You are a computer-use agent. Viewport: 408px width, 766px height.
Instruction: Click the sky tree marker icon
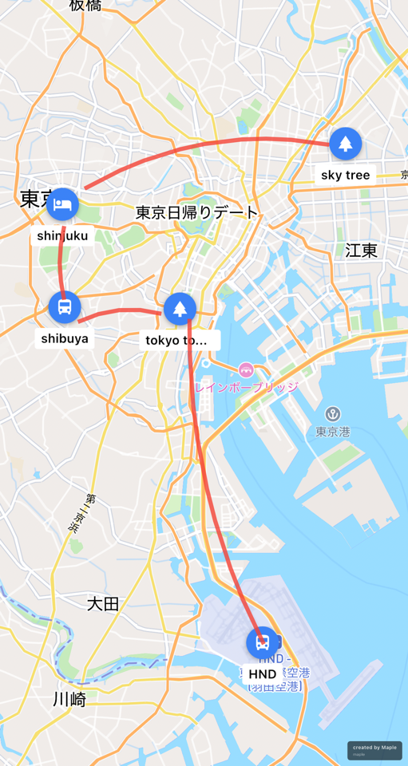345,144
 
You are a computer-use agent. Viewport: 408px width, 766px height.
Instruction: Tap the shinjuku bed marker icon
62,205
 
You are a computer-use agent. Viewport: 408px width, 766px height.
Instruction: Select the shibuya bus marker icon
65,307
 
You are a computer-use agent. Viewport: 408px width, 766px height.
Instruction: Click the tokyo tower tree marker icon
180,309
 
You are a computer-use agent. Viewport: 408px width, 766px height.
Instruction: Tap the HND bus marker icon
262,643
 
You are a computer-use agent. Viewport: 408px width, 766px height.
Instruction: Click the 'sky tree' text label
345,175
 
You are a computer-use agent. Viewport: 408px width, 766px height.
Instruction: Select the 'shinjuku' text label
62,235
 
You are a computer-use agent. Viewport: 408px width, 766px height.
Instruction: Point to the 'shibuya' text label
65,338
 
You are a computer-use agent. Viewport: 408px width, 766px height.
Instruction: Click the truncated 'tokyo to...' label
176,341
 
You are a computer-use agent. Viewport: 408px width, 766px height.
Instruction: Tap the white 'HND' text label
262,674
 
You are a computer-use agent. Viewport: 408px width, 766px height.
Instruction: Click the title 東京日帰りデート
197,213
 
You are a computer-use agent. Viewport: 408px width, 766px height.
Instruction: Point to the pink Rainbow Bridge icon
246,369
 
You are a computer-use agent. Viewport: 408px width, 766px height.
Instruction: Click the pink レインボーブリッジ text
246,387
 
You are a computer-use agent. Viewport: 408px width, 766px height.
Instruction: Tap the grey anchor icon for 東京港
333,414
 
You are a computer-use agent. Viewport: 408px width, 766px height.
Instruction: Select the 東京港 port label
333,432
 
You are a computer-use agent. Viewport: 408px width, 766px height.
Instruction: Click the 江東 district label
361,251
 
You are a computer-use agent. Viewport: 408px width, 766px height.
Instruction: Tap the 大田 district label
103,604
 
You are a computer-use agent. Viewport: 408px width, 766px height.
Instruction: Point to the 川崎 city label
69,700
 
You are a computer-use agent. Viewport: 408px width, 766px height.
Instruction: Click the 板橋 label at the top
85,6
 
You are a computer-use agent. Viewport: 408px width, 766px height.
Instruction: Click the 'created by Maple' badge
374,750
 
